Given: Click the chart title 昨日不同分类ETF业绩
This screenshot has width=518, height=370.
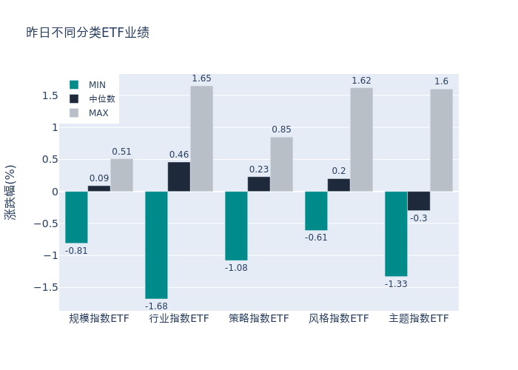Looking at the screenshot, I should pos(87,33).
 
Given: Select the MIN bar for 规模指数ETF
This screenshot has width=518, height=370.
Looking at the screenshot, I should pos(76,217).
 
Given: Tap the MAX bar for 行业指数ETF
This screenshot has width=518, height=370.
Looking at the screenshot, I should pos(201,138).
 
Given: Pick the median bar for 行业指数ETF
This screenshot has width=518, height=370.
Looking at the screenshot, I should pos(178,177).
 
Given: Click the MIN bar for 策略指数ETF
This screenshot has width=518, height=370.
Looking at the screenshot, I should pos(236,226).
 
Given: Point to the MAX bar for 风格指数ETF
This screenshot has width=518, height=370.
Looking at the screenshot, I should pos(361,140).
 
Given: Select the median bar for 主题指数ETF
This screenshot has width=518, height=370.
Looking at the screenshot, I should pos(418,201).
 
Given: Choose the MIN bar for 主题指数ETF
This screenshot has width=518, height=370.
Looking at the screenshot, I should pos(396,234).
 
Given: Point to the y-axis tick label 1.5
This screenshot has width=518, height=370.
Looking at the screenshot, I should pos(50,95).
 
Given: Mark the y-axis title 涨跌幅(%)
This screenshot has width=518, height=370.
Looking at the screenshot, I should pos(10,192).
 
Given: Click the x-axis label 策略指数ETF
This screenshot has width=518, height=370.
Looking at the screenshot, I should pos(259,319).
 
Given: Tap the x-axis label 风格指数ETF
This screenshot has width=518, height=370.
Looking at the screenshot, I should pos(339,319).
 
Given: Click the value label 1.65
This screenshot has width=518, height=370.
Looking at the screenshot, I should pos(201,78).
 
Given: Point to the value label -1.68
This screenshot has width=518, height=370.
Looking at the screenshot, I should pos(156,306).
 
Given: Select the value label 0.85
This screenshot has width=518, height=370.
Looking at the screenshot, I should pos(281,129).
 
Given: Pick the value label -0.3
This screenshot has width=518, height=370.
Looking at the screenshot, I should pos(418,218).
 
